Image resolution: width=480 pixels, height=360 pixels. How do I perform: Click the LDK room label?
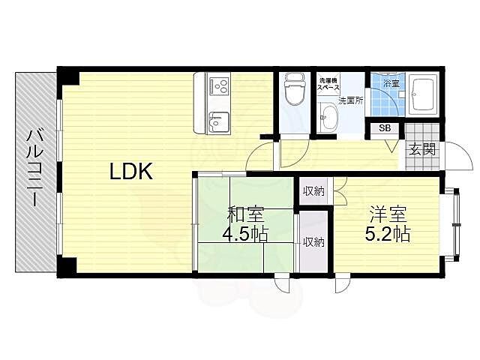pos(131,172)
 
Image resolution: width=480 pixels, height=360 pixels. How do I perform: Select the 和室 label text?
pos(245,214)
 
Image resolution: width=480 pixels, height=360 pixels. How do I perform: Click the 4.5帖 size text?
pos(245,234)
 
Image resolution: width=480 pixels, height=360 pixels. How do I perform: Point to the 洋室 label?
pos(388,214)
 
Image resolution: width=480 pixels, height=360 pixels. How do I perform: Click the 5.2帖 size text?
pos(387,234)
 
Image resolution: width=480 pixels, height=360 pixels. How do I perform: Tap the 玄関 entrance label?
pos(422,150)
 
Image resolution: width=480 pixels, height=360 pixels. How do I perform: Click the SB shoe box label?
pos(385,128)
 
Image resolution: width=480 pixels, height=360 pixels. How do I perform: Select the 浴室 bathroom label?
pos(391,83)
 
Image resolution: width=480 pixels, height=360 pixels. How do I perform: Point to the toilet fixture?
pos(295,88)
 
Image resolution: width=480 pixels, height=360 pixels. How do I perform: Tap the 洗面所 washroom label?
pos(350,100)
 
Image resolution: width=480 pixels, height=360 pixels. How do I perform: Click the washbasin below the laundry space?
pos(328,117)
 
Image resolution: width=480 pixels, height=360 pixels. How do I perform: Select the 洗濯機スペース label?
pos(328,84)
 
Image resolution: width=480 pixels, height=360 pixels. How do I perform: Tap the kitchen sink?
pos(218,121)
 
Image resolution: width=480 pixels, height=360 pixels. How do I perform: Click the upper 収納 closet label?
pos(313,192)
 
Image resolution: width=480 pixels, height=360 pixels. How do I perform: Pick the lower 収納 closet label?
pos(313,242)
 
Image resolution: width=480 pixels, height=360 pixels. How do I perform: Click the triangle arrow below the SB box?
pos(391,146)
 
